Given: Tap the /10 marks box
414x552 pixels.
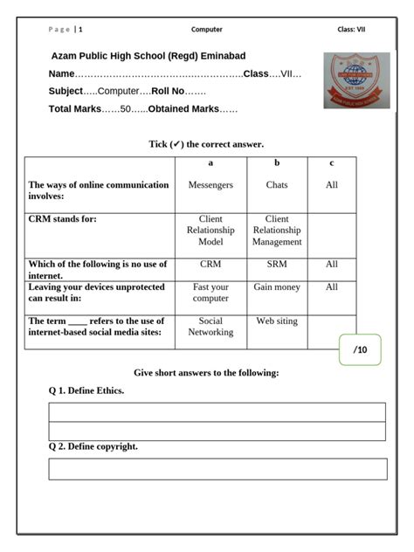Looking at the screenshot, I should coord(360,350).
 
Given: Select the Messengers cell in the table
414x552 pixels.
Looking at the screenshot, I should coord(210,185).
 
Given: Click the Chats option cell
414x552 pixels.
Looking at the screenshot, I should coord(277,185).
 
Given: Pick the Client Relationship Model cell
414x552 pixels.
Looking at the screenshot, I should coord(210,231).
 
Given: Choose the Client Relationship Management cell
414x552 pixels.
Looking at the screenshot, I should coord(277,231).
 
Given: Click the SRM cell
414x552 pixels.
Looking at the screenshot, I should coord(277,264).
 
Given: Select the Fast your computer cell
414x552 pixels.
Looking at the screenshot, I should coord(210,293).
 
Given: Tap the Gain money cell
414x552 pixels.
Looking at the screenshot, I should coord(277,287).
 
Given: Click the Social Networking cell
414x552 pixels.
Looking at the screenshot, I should coord(210,327).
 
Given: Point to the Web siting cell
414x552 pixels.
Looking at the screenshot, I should coord(277,321).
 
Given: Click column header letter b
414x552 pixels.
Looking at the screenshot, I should coord(277,163).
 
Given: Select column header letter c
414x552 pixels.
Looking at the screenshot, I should coord(331,163).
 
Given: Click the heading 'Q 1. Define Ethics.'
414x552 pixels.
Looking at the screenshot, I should coord(86,390).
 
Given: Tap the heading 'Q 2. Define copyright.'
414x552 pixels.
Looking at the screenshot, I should coord(93,446).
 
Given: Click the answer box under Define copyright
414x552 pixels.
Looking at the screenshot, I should coord(217,469).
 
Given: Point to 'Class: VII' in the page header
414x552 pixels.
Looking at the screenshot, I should coord(351,30).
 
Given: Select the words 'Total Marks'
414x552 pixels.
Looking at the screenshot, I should coord(75,109).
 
